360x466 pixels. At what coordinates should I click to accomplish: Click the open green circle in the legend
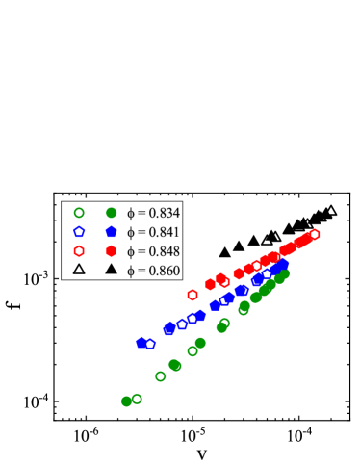tap(79, 213)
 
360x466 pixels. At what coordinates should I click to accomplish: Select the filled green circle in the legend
tap(111, 213)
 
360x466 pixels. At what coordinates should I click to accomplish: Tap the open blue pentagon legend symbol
tap(79, 232)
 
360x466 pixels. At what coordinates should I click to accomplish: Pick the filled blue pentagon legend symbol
tap(111, 232)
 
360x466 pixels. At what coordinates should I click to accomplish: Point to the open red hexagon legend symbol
tap(79, 251)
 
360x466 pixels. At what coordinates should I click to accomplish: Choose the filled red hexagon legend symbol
tap(111, 251)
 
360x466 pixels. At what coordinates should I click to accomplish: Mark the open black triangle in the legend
tap(79, 270)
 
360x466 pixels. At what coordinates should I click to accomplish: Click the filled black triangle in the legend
tap(111, 270)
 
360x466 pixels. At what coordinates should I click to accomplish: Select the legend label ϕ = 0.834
tap(153, 213)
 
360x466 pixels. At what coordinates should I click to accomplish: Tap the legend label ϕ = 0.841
tap(153, 232)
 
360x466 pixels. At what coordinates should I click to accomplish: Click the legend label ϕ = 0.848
tap(153, 251)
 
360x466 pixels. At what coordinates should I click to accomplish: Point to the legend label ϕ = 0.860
tap(153, 270)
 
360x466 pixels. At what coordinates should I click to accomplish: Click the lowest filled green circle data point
tap(126, 401)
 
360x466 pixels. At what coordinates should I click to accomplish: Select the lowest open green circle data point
tap(137, 398)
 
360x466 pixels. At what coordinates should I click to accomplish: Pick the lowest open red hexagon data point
tap(193, 295)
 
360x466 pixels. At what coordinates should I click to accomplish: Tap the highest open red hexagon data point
tap(315, 234)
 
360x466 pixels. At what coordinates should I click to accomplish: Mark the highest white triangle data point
tap(331, 211)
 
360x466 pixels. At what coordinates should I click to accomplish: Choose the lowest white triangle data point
tap(268, 238)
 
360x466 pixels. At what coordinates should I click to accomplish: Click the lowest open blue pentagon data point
tap(150, 344)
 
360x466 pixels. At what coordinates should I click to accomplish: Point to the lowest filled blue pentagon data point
tap(141, 342)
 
